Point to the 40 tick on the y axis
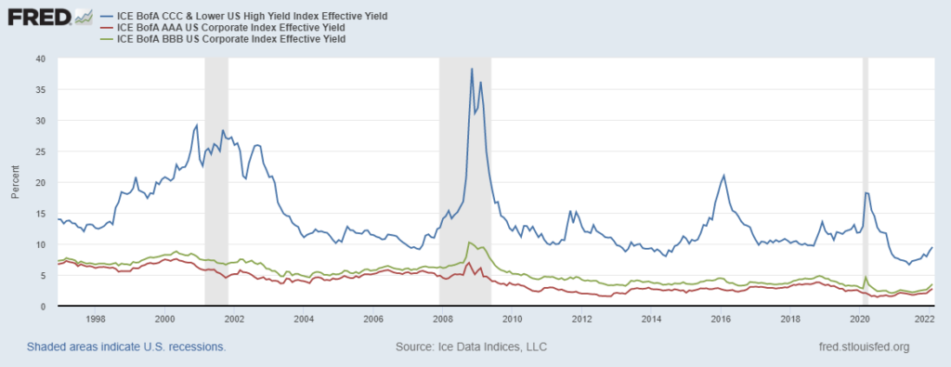(39, 58)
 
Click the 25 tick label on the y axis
(39, 151)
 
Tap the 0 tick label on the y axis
(42, 307)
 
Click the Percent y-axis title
(14, 182)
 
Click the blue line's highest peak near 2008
(472, 69)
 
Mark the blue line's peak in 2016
(723, 175)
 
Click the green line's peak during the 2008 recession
(469, 242)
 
